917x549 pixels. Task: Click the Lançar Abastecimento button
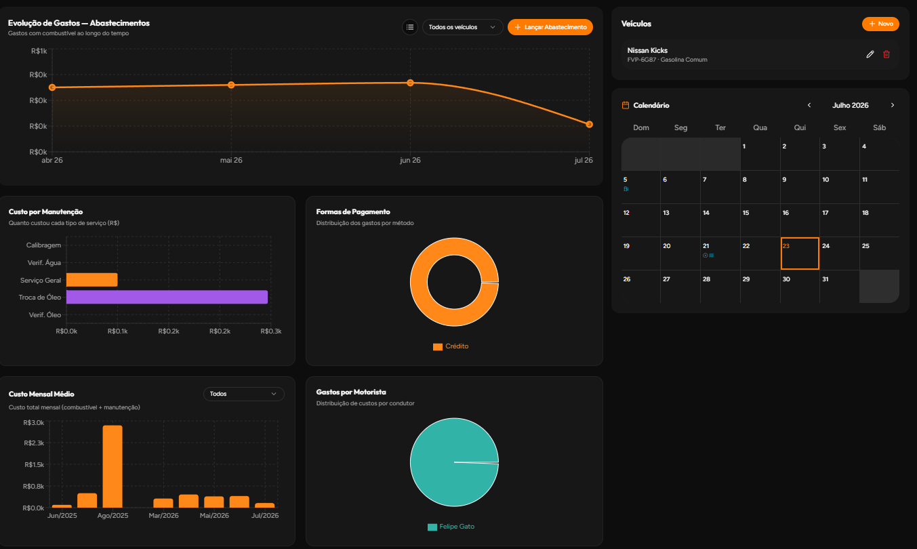click(550, 27)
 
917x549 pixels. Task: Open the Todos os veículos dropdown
click(462, 27)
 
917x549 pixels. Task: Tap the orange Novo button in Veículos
click(880, 24)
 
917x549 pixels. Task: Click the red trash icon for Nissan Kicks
click(887, 54)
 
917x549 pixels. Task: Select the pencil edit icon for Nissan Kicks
click(870, 54)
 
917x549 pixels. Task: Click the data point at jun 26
click(410, 83)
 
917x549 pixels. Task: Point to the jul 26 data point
click(589, 124)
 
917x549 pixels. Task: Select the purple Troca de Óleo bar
click(167, 297)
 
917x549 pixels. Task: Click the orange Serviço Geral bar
click(91, 280)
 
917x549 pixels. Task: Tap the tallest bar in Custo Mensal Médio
click(113, 466)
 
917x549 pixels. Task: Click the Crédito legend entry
click(451, 346)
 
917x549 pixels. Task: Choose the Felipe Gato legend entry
click(451, 527)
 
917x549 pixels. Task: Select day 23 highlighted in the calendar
click(800, 253)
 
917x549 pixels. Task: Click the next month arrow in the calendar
click(893, 105)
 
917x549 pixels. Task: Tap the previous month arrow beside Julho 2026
click(809, 105)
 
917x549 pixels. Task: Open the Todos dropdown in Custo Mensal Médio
click(243, 394)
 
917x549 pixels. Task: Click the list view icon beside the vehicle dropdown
click(410, 27)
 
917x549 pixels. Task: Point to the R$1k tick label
click(39, 51)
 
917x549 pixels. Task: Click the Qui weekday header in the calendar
click(800, 127)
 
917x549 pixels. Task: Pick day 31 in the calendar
click(826, 279)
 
